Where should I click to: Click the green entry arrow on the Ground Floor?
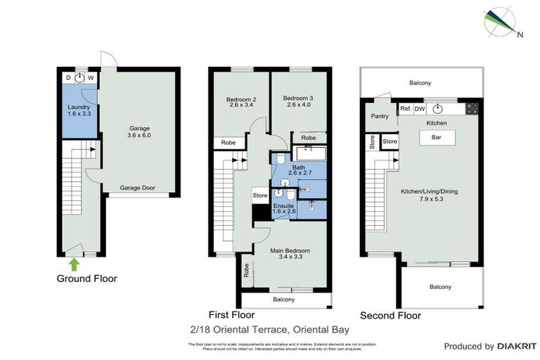74,264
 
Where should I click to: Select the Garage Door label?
137,188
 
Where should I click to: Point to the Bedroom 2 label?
241,103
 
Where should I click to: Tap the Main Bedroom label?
290,254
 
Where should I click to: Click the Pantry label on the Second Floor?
380,116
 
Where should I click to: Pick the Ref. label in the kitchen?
406,109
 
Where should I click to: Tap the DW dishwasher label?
420,109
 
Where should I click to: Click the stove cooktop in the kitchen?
472,109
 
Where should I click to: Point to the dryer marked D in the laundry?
68,78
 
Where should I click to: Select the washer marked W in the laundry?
91,78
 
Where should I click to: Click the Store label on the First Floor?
260,195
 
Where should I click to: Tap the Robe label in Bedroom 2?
229,142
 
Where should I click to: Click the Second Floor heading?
390,316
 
